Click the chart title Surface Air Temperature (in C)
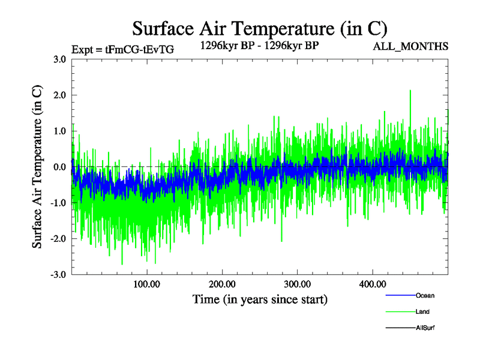(260, 28)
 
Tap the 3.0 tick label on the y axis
(59, 59)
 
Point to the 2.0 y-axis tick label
(59, 95)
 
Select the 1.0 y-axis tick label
(59, 131)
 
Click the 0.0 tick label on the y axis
(59, 167)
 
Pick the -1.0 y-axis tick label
(58, 203)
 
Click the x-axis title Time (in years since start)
(260, 299)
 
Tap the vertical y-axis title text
(37, 167)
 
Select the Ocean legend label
(425, 295)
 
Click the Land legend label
(422, 311)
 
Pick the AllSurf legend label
(425, 328)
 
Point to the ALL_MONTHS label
(410, 46)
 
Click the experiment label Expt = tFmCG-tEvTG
(122, 50)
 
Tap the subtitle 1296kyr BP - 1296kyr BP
(259, 44)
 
